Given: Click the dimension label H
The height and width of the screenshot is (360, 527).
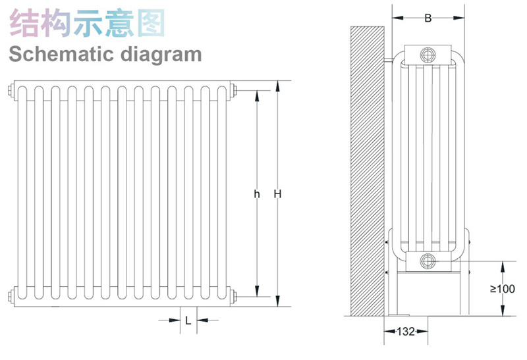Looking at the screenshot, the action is click(x=277, y=194).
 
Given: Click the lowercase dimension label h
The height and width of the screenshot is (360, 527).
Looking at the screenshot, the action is click(x=257, y=194).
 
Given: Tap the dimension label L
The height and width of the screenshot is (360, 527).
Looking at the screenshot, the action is click(x=188, y=321).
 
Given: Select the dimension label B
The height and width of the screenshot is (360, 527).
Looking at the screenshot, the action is click(x=428, y=18).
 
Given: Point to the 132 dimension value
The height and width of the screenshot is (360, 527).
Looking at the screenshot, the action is click(x=406, y=332).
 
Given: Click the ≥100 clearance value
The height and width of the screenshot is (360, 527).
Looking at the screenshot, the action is click(x=503, y=289).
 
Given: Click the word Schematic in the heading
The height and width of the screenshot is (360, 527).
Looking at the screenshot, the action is click(x=63, y=54).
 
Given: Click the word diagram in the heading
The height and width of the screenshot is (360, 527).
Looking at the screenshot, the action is click(x=161, y=55).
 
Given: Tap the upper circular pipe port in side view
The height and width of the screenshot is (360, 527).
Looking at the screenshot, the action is click(x=428, y=55).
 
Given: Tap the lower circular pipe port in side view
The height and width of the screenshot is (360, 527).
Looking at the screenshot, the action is click(x=428, y=261).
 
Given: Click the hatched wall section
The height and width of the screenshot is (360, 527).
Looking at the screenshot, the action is click(x=368, y=171).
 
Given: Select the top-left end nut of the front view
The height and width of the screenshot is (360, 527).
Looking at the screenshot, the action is click(x=11, y=90).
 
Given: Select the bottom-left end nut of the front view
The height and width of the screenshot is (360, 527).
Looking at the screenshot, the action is click(x=11, y=297).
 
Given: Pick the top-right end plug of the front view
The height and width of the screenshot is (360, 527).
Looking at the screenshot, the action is click(x=234, y=90).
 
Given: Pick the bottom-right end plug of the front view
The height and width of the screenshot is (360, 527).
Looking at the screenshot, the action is click(x=234, y=297).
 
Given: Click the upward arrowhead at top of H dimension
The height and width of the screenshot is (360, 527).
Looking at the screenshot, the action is click(x=277, y=86).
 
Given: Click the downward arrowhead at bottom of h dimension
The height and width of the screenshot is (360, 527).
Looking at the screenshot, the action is click(x=257, y=291).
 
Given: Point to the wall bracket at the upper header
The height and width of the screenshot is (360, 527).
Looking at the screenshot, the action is click(x=389, y=61).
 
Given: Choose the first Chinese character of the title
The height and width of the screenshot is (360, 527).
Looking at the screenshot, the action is click(x=25, y=23).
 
